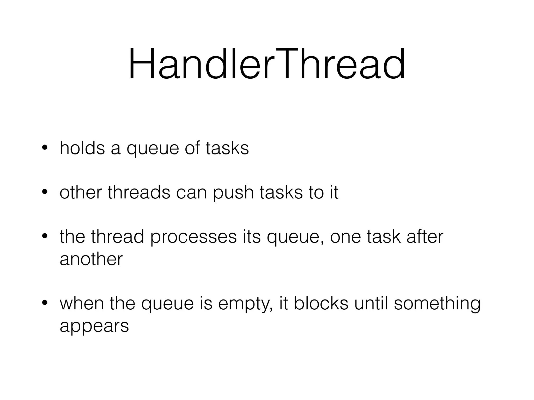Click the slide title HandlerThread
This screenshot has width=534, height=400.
coord(267,64)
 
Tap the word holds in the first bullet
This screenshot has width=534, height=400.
coord(82,148)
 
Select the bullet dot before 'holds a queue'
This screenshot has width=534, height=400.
coord(45,148)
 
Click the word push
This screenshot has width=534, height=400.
coord(233,193)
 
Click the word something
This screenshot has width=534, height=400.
coord(437,304)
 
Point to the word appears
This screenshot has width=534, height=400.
coord(94,327)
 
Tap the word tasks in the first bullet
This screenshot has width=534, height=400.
coord(227,148)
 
